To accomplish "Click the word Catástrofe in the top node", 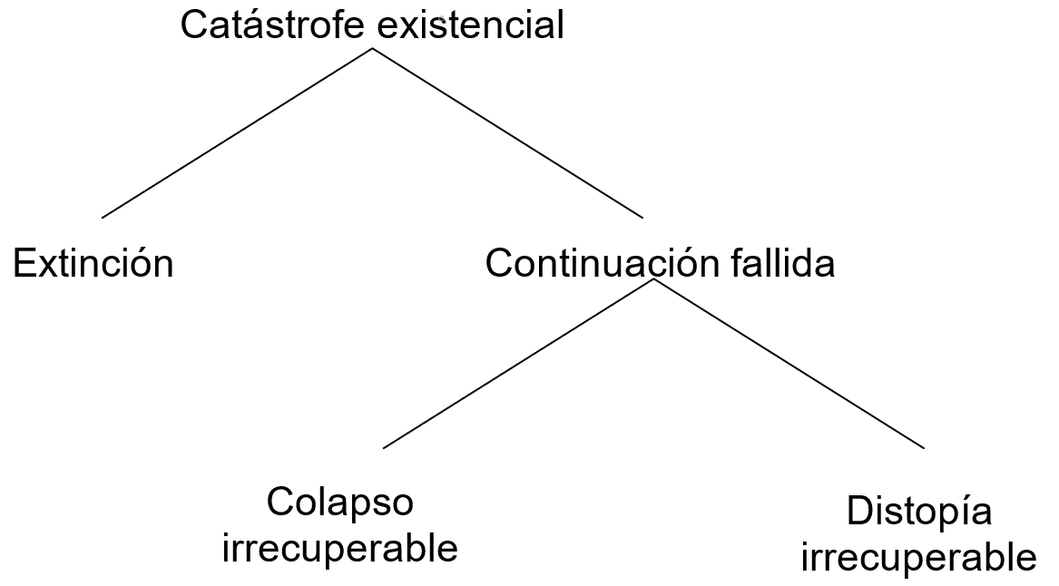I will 273,24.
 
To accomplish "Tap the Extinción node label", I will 93,264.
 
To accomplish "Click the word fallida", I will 782,264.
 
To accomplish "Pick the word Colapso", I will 340,502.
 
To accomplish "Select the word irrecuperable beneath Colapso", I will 340,548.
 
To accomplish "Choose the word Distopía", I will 918,513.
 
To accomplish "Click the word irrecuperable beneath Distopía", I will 918,557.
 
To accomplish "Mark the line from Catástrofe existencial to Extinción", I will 237,132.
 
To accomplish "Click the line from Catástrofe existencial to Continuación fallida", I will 507,132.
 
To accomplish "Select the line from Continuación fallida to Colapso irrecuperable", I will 518,363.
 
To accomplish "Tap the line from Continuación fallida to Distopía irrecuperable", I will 788,363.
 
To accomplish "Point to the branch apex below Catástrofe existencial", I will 372,48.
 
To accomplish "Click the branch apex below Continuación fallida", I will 653,279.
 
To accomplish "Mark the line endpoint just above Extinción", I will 103,218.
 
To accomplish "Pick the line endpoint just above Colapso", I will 384,447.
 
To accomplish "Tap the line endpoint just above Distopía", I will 924,447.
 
